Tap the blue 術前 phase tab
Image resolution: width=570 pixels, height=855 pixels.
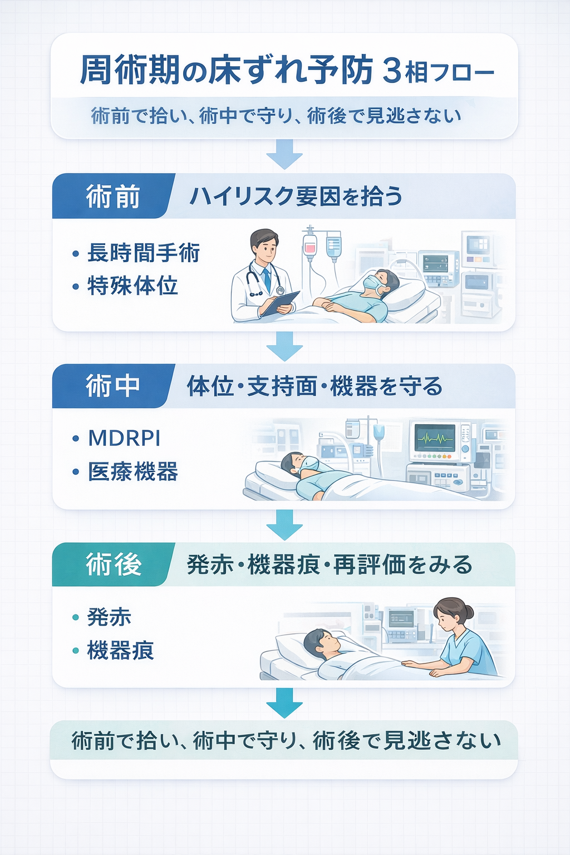pos(112,196)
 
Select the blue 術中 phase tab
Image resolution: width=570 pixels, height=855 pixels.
pos(112,386)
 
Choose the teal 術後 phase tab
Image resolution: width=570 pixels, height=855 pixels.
pos(113,564)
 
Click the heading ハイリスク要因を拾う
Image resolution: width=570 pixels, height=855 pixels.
pos(296,196)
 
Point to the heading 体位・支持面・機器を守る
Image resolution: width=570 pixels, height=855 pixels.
pos(315,386)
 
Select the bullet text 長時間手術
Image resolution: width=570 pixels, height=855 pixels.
pos(144,253)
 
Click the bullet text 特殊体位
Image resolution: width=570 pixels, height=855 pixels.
pos(132,286)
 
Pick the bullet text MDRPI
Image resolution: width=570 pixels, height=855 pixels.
pos(125,439)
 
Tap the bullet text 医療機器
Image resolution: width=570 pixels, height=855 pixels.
pos(133,472)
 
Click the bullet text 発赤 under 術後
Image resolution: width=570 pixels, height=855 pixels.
pos(109,617)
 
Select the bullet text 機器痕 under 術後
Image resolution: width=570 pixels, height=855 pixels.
pos(121,651)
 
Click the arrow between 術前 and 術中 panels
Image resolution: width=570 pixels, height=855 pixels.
pos(284,346)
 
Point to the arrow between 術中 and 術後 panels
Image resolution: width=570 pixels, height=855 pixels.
pos(284,525)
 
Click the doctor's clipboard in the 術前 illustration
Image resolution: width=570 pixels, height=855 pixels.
pos(279,303)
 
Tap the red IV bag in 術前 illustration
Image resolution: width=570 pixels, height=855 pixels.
pos(310,245)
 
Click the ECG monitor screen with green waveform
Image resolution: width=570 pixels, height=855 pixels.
pos(435,439)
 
